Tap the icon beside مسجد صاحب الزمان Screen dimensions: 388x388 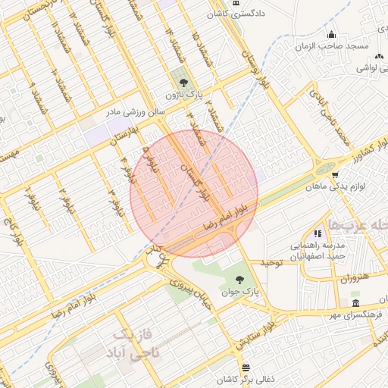tap(332, 35)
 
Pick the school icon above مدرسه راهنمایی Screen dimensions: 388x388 tap(317, 233)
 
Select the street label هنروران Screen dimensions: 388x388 tap(354, 277)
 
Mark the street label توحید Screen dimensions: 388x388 tap(271, 263)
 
